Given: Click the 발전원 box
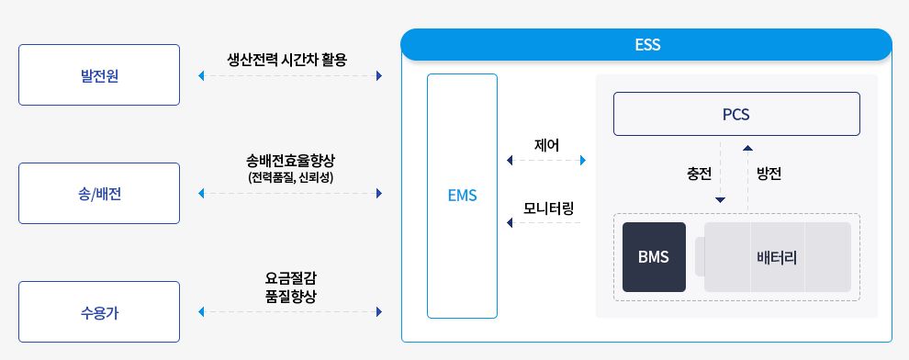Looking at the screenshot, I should point(99,75).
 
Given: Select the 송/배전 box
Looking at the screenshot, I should point(99,194).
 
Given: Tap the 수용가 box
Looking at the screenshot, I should point(99,312).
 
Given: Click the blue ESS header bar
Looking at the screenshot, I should point(646,44).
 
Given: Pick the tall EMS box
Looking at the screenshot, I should point(462,196).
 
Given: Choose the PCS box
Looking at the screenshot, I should point(736,114).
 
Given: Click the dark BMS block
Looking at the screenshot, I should point(654,257).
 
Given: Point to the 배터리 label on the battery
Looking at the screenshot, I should point(777,257).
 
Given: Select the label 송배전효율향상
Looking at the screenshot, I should point(290,160).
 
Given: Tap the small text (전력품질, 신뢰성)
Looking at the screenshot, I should point(290,176).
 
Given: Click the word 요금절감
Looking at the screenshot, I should point(290,277).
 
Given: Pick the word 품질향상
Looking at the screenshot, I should point(290,295).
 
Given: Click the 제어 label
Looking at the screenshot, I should point(546,144).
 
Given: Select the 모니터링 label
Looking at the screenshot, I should point(548,206).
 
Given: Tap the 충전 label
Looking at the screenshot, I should point(700,173).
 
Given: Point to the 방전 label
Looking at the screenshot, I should point(769,173).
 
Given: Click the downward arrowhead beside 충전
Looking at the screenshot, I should point(721,199).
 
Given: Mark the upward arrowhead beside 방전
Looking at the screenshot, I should point(747,146).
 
